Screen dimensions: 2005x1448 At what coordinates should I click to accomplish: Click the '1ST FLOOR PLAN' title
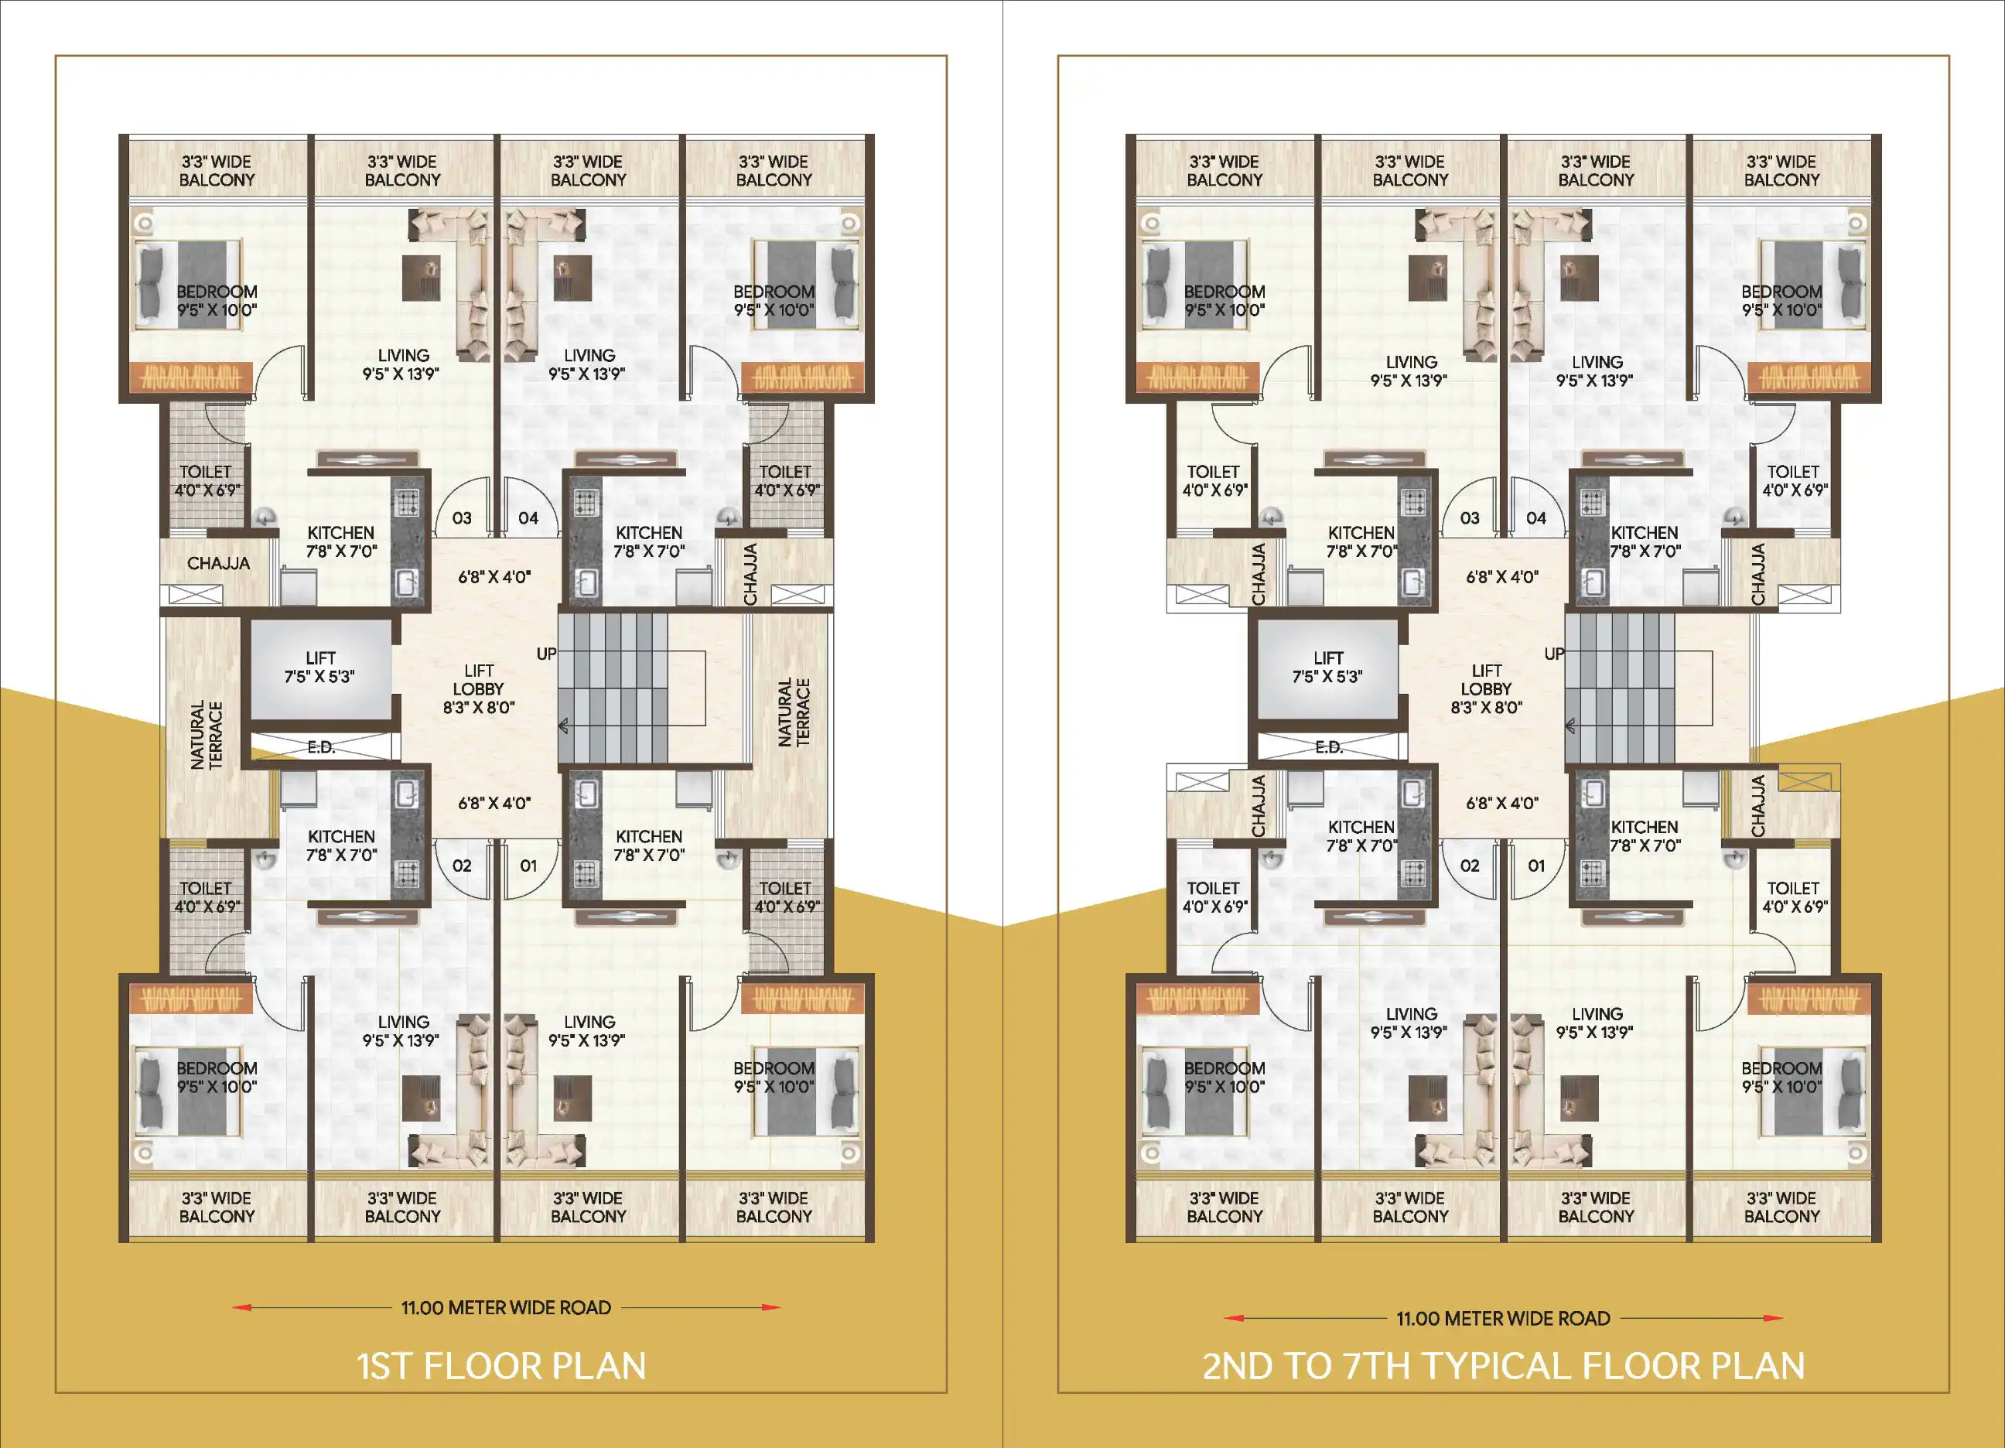(501, 1366)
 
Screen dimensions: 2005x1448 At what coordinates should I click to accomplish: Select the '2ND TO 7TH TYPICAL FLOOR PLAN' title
(1503, 1366)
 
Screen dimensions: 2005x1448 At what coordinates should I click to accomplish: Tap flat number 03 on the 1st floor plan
(462, 518)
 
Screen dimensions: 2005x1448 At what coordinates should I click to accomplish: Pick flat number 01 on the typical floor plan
(1535, 866)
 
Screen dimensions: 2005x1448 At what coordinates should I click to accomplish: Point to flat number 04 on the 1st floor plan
(528, 518)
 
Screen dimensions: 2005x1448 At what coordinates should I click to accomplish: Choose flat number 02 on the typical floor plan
(1469, 866)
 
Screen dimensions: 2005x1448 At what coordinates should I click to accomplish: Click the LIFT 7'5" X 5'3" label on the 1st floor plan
(320, 668)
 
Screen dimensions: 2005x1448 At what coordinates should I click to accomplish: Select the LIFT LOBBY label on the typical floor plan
(1486, 680)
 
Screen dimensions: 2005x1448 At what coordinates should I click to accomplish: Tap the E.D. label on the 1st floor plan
(322, 747)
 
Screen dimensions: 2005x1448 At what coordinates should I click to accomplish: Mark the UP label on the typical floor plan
(1554, 654)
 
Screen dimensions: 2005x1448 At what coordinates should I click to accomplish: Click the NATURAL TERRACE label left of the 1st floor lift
(207, 736)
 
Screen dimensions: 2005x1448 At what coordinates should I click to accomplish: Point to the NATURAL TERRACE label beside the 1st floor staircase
(794, 712)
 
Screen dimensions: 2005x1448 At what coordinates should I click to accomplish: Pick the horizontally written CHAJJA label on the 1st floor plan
(218, 563)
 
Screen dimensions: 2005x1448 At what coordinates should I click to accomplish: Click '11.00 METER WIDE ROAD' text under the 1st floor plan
(506, 1307)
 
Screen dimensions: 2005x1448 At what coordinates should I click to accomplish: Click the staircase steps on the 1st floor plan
(613, 688)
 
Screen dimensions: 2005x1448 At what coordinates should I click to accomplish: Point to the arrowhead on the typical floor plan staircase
(1570, 726)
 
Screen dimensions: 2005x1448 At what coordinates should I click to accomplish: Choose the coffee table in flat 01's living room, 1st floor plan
(572, 1097)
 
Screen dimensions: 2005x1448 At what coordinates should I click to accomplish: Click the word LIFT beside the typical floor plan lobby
(1328, 657)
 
